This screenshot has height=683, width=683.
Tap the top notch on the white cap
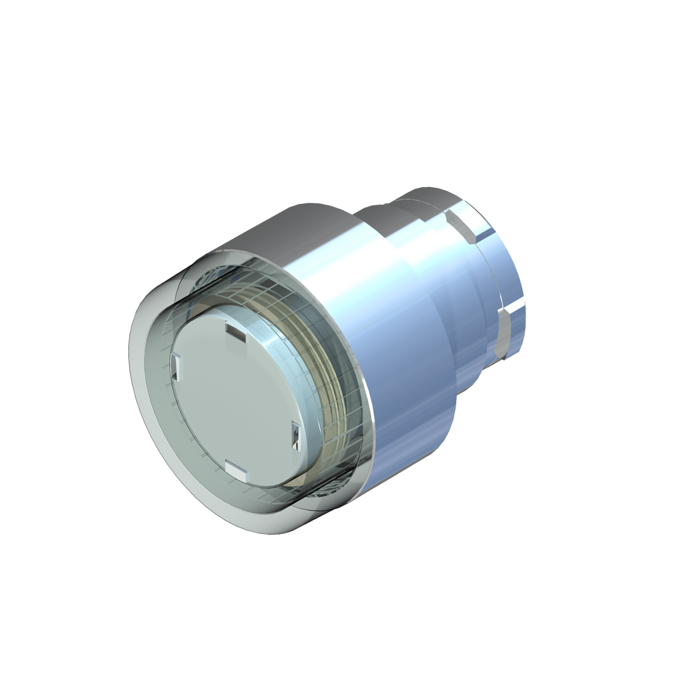point(236,330)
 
